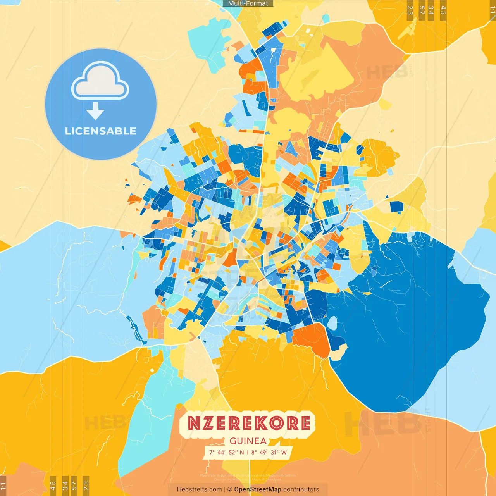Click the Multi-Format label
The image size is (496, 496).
point(248,3)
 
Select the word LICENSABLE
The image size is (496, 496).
point(101,131)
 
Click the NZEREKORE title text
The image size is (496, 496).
point(249,423)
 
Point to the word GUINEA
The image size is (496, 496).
point(248,441)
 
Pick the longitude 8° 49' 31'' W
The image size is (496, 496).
point(269,452)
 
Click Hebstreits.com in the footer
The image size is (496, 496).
point(199,489)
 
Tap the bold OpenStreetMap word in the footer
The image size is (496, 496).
point(258,489)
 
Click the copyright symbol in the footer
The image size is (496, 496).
point(230,489)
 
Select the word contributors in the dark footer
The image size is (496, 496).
point(301,489)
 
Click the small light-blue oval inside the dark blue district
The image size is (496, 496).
point(332,323)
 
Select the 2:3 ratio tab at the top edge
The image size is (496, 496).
point(410,10)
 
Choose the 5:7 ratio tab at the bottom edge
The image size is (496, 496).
point(74,485)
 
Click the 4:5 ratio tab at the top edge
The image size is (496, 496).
point(443,10)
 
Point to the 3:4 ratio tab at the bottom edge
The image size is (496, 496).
point(65,485)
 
